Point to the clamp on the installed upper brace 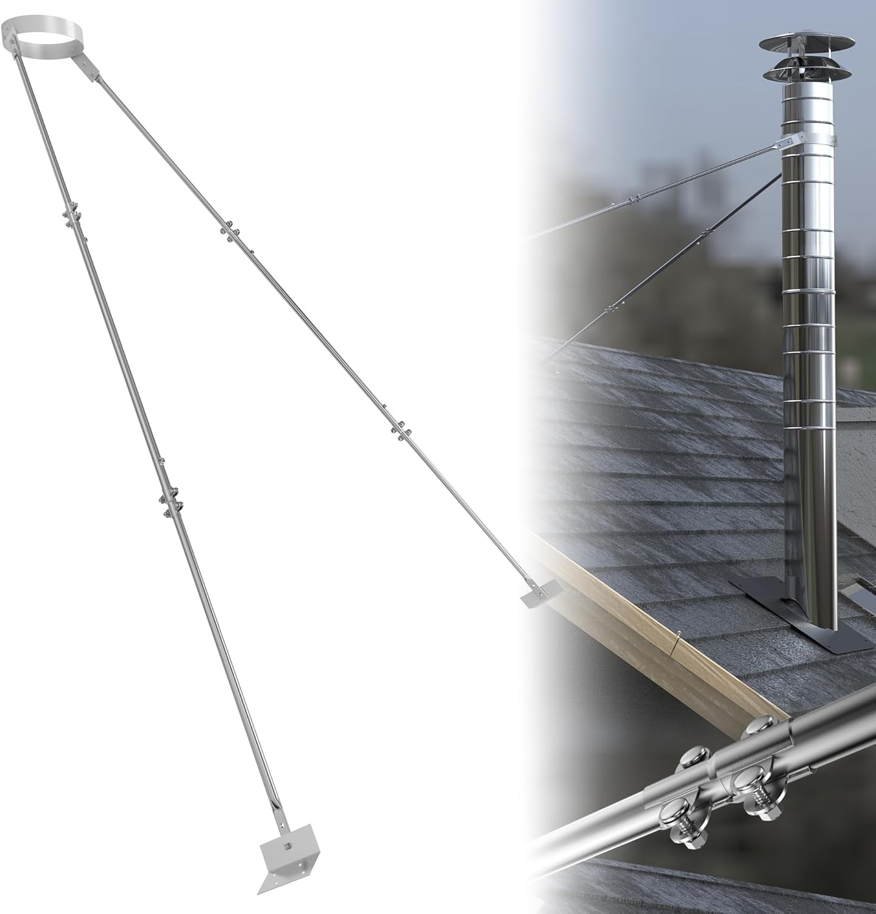point(634,197)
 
